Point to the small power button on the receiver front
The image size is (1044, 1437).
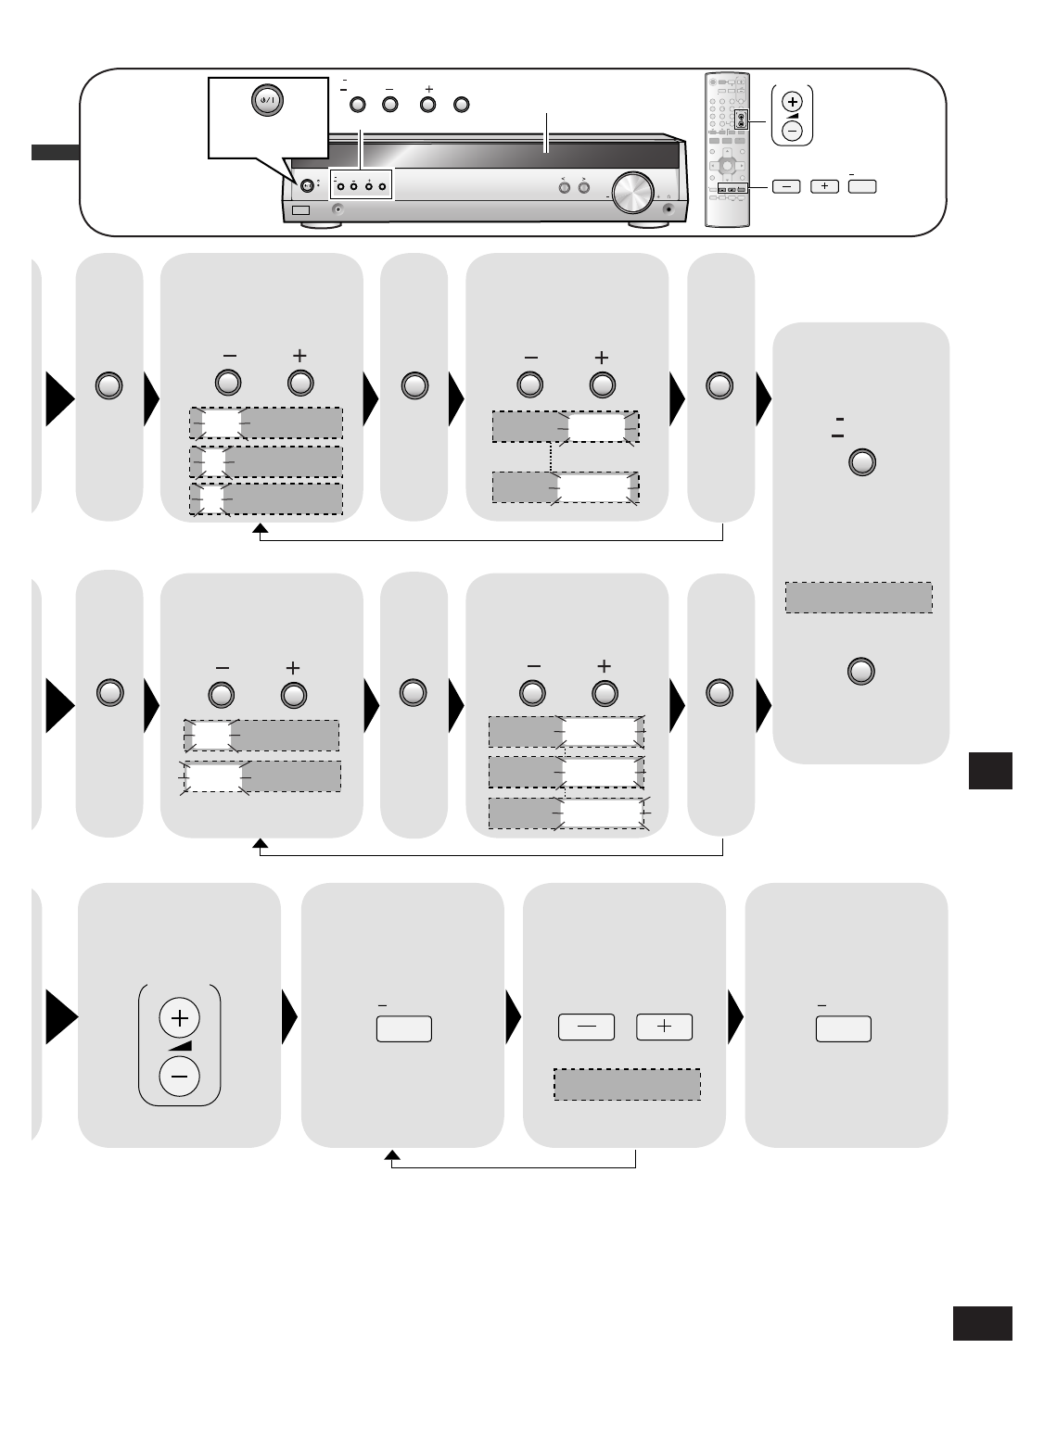[307, 184]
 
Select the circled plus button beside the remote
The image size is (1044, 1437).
[792, 101]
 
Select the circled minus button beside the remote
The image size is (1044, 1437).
[792, 130]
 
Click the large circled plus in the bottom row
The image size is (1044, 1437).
[179, 1018]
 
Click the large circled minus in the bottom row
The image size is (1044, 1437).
[179, 1077]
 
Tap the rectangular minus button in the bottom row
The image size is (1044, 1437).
[586, 1027]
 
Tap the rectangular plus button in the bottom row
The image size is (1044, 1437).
[664, 1027]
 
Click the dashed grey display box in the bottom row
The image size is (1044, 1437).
[627, 1085]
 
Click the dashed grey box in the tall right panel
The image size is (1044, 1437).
[859, 598]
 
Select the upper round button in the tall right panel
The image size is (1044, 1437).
[862, 462]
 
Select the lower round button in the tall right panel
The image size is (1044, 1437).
[862, 671]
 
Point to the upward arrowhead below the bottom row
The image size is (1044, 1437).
[392, 1155]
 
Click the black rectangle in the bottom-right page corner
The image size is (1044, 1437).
[982, 1323]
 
